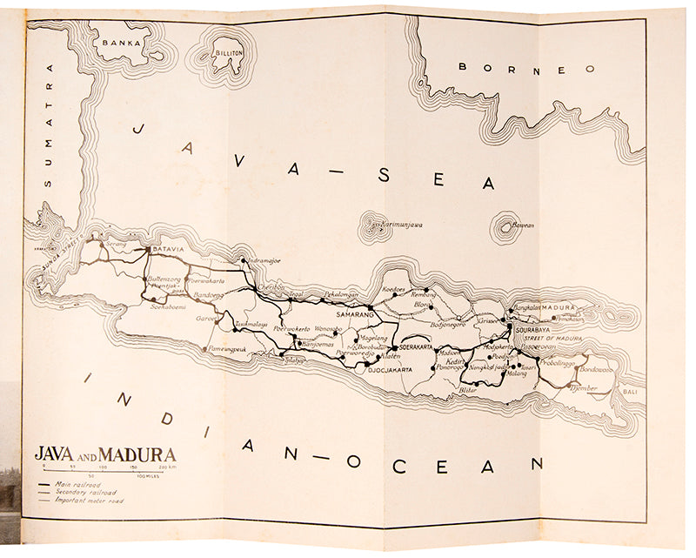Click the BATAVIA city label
click(x=168, y=250)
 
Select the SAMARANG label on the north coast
click(x=345, y=313)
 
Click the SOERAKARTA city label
click(x=415, y=346)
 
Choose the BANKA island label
click(x=122, y=42)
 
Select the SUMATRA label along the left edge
click(x=49, y=125)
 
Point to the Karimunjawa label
click(x=400, y=225)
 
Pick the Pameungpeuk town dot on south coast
click(x=207, y=349)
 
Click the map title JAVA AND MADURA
click(x=105, y=454)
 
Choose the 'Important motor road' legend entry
click(x=87, y=501)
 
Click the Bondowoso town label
click(x=597, y=369)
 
